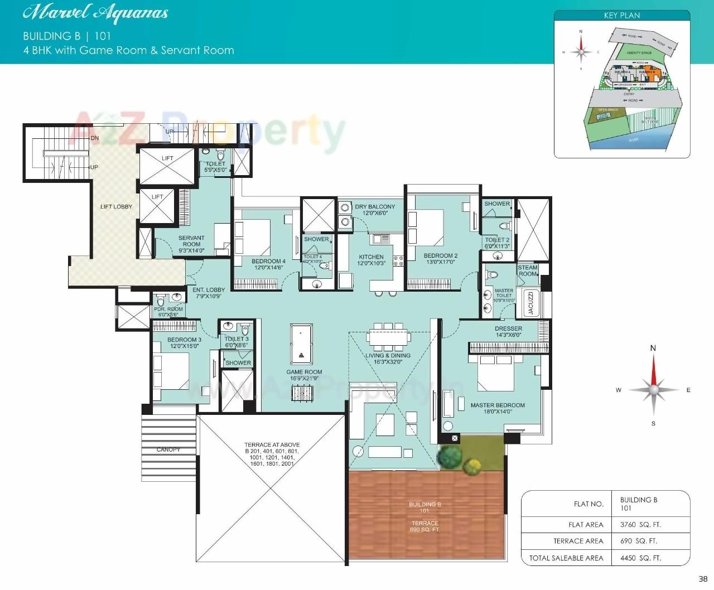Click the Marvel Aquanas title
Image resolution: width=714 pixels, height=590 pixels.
95,13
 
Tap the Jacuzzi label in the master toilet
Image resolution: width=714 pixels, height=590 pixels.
530,303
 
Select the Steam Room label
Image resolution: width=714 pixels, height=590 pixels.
528,270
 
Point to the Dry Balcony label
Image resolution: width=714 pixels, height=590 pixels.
375,210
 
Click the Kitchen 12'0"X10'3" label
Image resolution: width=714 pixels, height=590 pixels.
372,260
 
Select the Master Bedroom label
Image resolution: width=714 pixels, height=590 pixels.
498,408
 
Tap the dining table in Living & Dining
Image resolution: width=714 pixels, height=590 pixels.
388,337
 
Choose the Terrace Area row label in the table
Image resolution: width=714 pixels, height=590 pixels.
578,541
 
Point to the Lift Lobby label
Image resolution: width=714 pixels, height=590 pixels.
116,207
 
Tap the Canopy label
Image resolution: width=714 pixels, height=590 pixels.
168,449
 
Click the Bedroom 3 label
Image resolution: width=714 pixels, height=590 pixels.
184,342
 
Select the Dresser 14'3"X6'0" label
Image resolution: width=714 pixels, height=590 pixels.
508,332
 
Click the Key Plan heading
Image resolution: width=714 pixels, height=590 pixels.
621,16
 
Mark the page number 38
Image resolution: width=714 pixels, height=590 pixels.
703,579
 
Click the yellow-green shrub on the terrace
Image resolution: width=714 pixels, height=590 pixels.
472,465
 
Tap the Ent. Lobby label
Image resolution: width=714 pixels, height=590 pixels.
209,293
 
